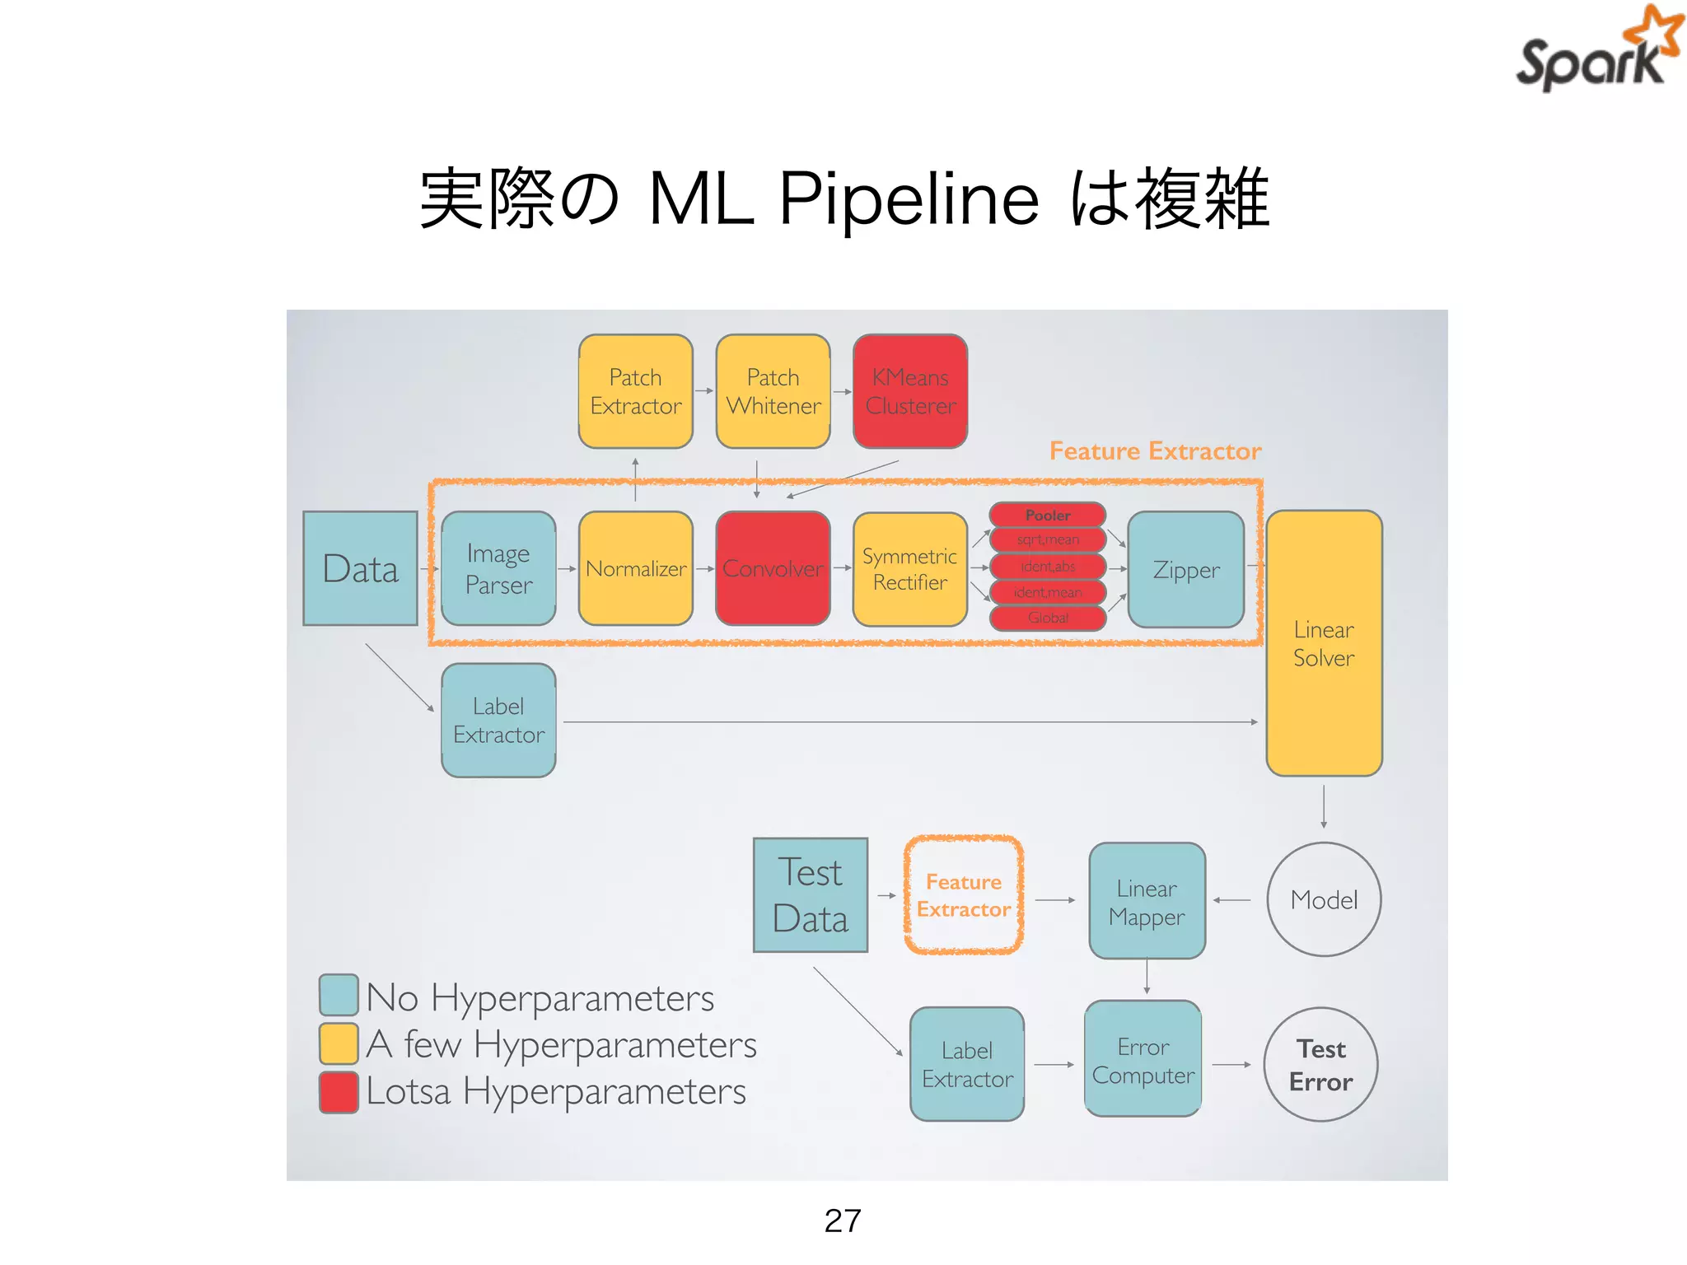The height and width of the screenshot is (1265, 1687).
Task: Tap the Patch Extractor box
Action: tap(635, 391)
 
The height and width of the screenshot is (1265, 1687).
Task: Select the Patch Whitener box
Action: tap(773, 391)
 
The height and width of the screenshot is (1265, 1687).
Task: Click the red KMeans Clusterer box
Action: tap(910, 391)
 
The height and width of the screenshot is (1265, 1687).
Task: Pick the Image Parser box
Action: tap(498, 568)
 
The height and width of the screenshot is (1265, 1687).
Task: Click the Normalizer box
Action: tap(635, 568)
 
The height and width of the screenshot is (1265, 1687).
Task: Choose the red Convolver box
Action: tap(773, 568)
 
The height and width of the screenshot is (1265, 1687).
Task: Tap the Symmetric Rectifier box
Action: tap(909, 569)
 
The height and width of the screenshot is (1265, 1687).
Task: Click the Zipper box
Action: tap(1185, 569)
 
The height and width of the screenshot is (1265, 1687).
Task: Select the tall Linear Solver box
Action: tap(1324, 643)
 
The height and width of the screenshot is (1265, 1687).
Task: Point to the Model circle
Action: tap(1324, 899)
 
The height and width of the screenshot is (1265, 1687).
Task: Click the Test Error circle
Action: tap(1320, 1065)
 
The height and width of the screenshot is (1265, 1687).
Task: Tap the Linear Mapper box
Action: tap(1147, 901)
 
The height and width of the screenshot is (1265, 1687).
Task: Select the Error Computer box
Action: tap(1143, 1059)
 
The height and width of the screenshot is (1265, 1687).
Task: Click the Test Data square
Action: tap(811, 895)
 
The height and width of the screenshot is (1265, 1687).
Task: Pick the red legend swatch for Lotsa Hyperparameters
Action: tap(339, 1092)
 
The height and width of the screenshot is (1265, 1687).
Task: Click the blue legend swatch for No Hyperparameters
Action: tap(339, 995)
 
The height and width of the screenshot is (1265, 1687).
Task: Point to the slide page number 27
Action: tap(843, 1221)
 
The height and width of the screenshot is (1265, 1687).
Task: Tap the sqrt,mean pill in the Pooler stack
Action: tap(1048, 540)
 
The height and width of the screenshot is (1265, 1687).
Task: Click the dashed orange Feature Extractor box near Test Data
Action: tap(963, 895)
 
